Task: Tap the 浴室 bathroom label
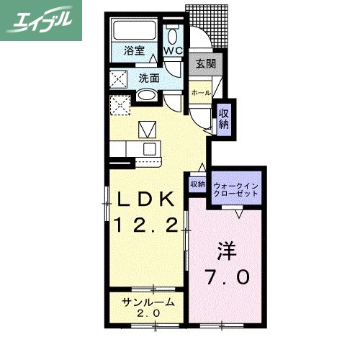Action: coord(134,51)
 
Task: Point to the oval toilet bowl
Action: coord(173,36)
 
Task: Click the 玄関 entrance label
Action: coord(205,64)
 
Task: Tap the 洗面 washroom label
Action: coord(149,78)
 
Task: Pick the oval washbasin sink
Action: coord(147,96)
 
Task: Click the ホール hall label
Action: coord(201,93)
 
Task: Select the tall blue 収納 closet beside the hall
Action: coord(224,117)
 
